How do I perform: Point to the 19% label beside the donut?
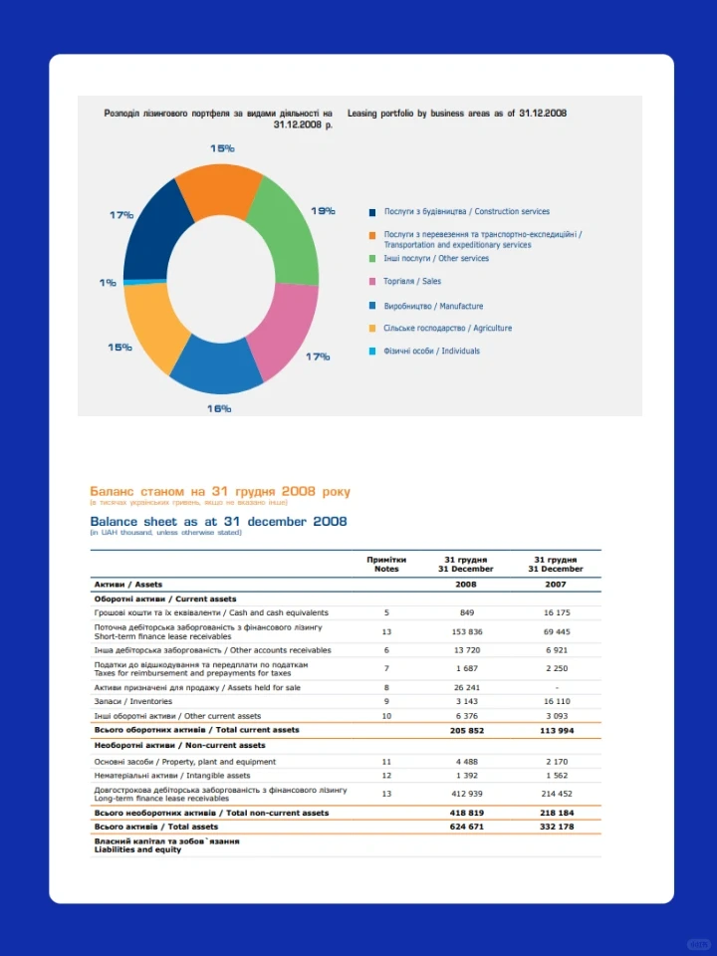click(x=323, y=211)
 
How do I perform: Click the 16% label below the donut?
click(x=219, y=408)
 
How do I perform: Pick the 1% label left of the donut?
click(x=108, y=283)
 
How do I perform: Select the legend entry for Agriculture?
click(x=448, y=328)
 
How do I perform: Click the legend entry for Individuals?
click(x=431, y=351)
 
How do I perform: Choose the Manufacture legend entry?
click(x=433, y=306)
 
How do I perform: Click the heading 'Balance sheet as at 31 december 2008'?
click(x=218, y=521)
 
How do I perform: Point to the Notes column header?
click(x=386, y=565)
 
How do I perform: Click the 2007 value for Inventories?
click(x=556, y=702)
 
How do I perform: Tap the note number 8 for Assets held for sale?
click(x=386, y=688)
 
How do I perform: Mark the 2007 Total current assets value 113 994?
click(x=556, y=730)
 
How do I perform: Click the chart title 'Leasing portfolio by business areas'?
click(x=457, y=115)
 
